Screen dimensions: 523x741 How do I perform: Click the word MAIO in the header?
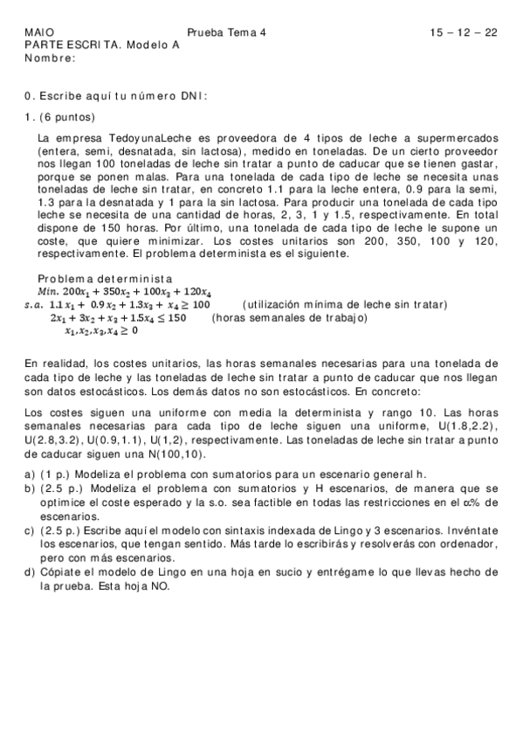(36, 32)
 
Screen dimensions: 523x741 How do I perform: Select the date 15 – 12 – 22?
(464, 32)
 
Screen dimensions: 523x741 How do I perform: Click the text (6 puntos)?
(70, 117)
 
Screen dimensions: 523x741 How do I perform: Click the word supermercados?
(455, 138)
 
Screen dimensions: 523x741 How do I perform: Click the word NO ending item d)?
(162, 587)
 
